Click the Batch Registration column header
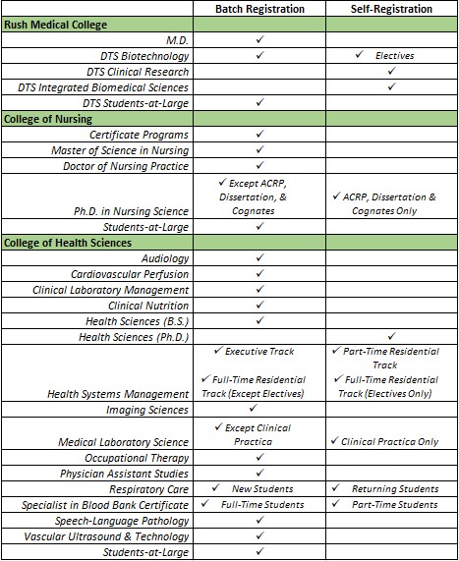(259, 9)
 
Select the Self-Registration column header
(390, 9)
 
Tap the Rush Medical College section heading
(57, 24)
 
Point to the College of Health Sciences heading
(69, 242)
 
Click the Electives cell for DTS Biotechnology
(390, 56)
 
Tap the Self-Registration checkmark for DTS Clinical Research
(390, 71)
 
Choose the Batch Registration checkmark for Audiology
(259, 257)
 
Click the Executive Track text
(259, 351)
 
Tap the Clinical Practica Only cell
(390, 442)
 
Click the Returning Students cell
(390, 488)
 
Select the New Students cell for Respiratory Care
(259, 488)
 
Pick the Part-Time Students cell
(390, 504)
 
